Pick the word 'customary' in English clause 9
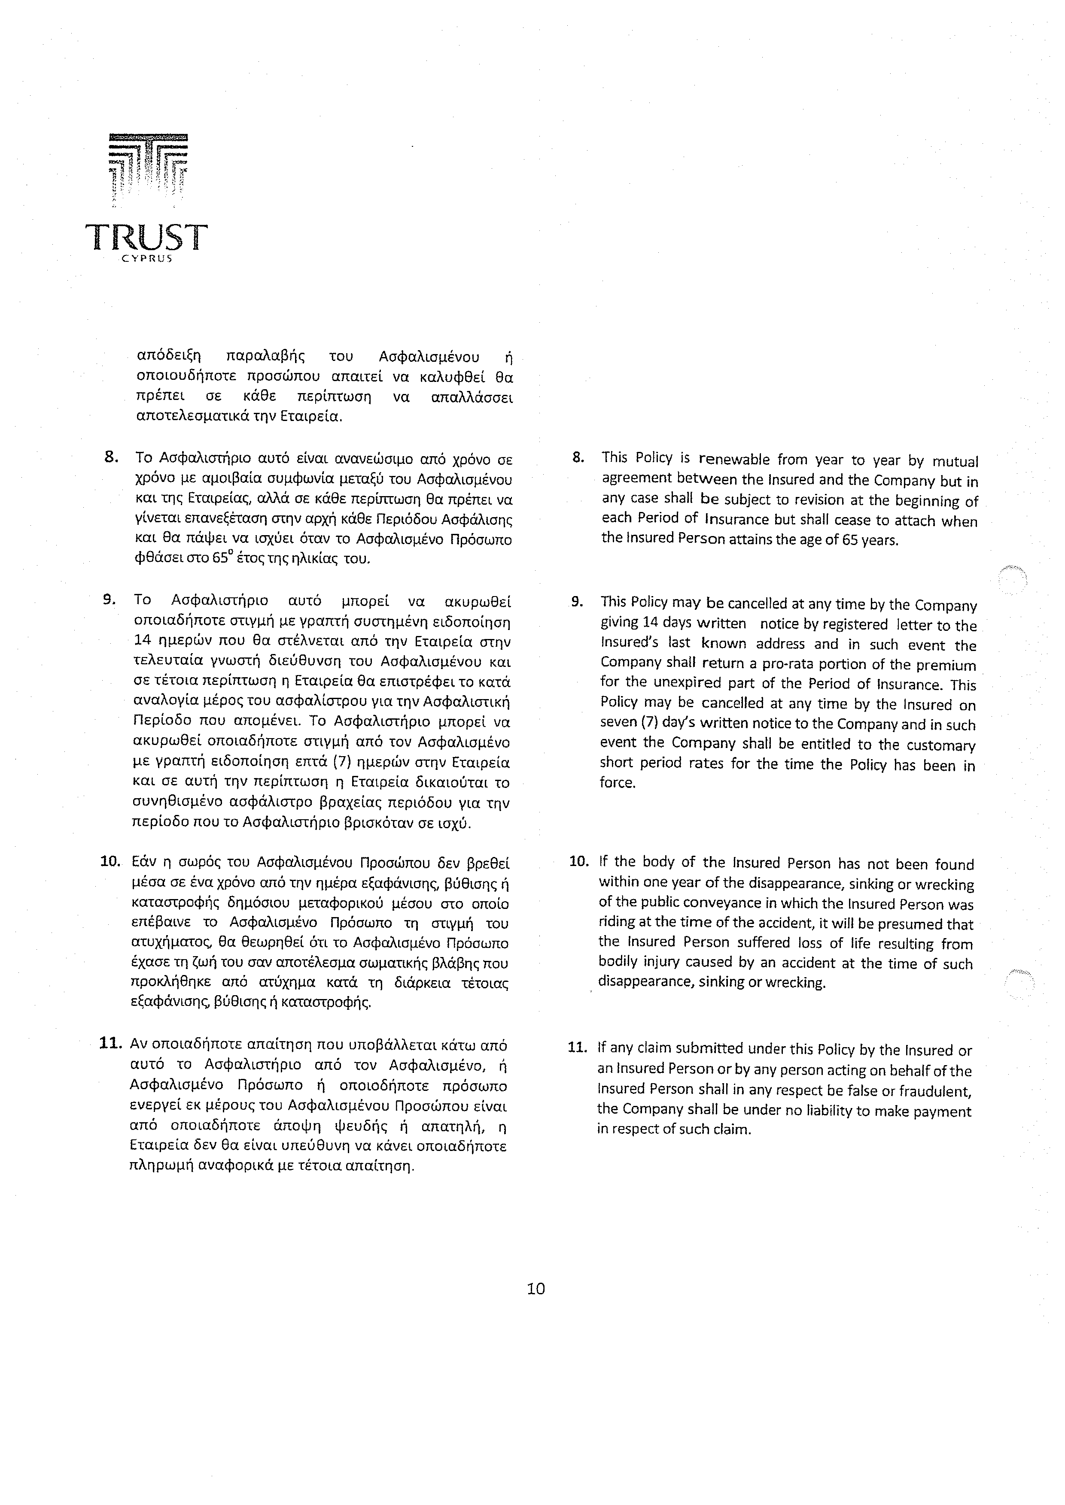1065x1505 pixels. point(942,745)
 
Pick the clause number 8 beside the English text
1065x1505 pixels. point(578,457)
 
